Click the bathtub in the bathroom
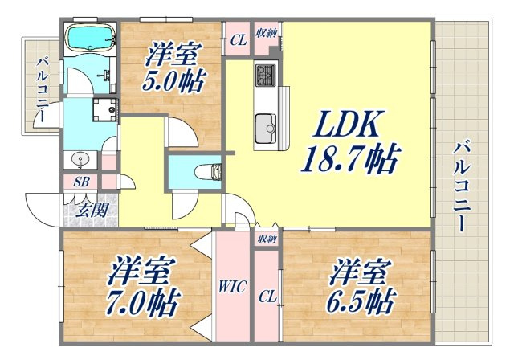[x=91, y=38]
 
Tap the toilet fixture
[x=208, y=171]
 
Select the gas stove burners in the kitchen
[x=266, y=75]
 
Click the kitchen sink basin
[x=266, y=128]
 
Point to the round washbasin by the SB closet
[x=80, y=161]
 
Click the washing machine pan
[x=105, y=109]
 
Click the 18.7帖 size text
[x=351, y=158]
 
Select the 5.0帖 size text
[x=173, y=81]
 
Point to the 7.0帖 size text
[x=142, y=302]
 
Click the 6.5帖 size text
[x=361, y=301]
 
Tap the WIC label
[x=232, y=287]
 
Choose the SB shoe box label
[x=81, y=182]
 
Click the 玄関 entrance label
[x=92, y=211]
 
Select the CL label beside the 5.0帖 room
[x=239, y=41]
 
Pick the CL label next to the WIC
[x=267, y=297]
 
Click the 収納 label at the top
[x=267, y=32]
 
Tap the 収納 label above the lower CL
[x=267, y=239]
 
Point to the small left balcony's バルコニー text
[x=43, y=90]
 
